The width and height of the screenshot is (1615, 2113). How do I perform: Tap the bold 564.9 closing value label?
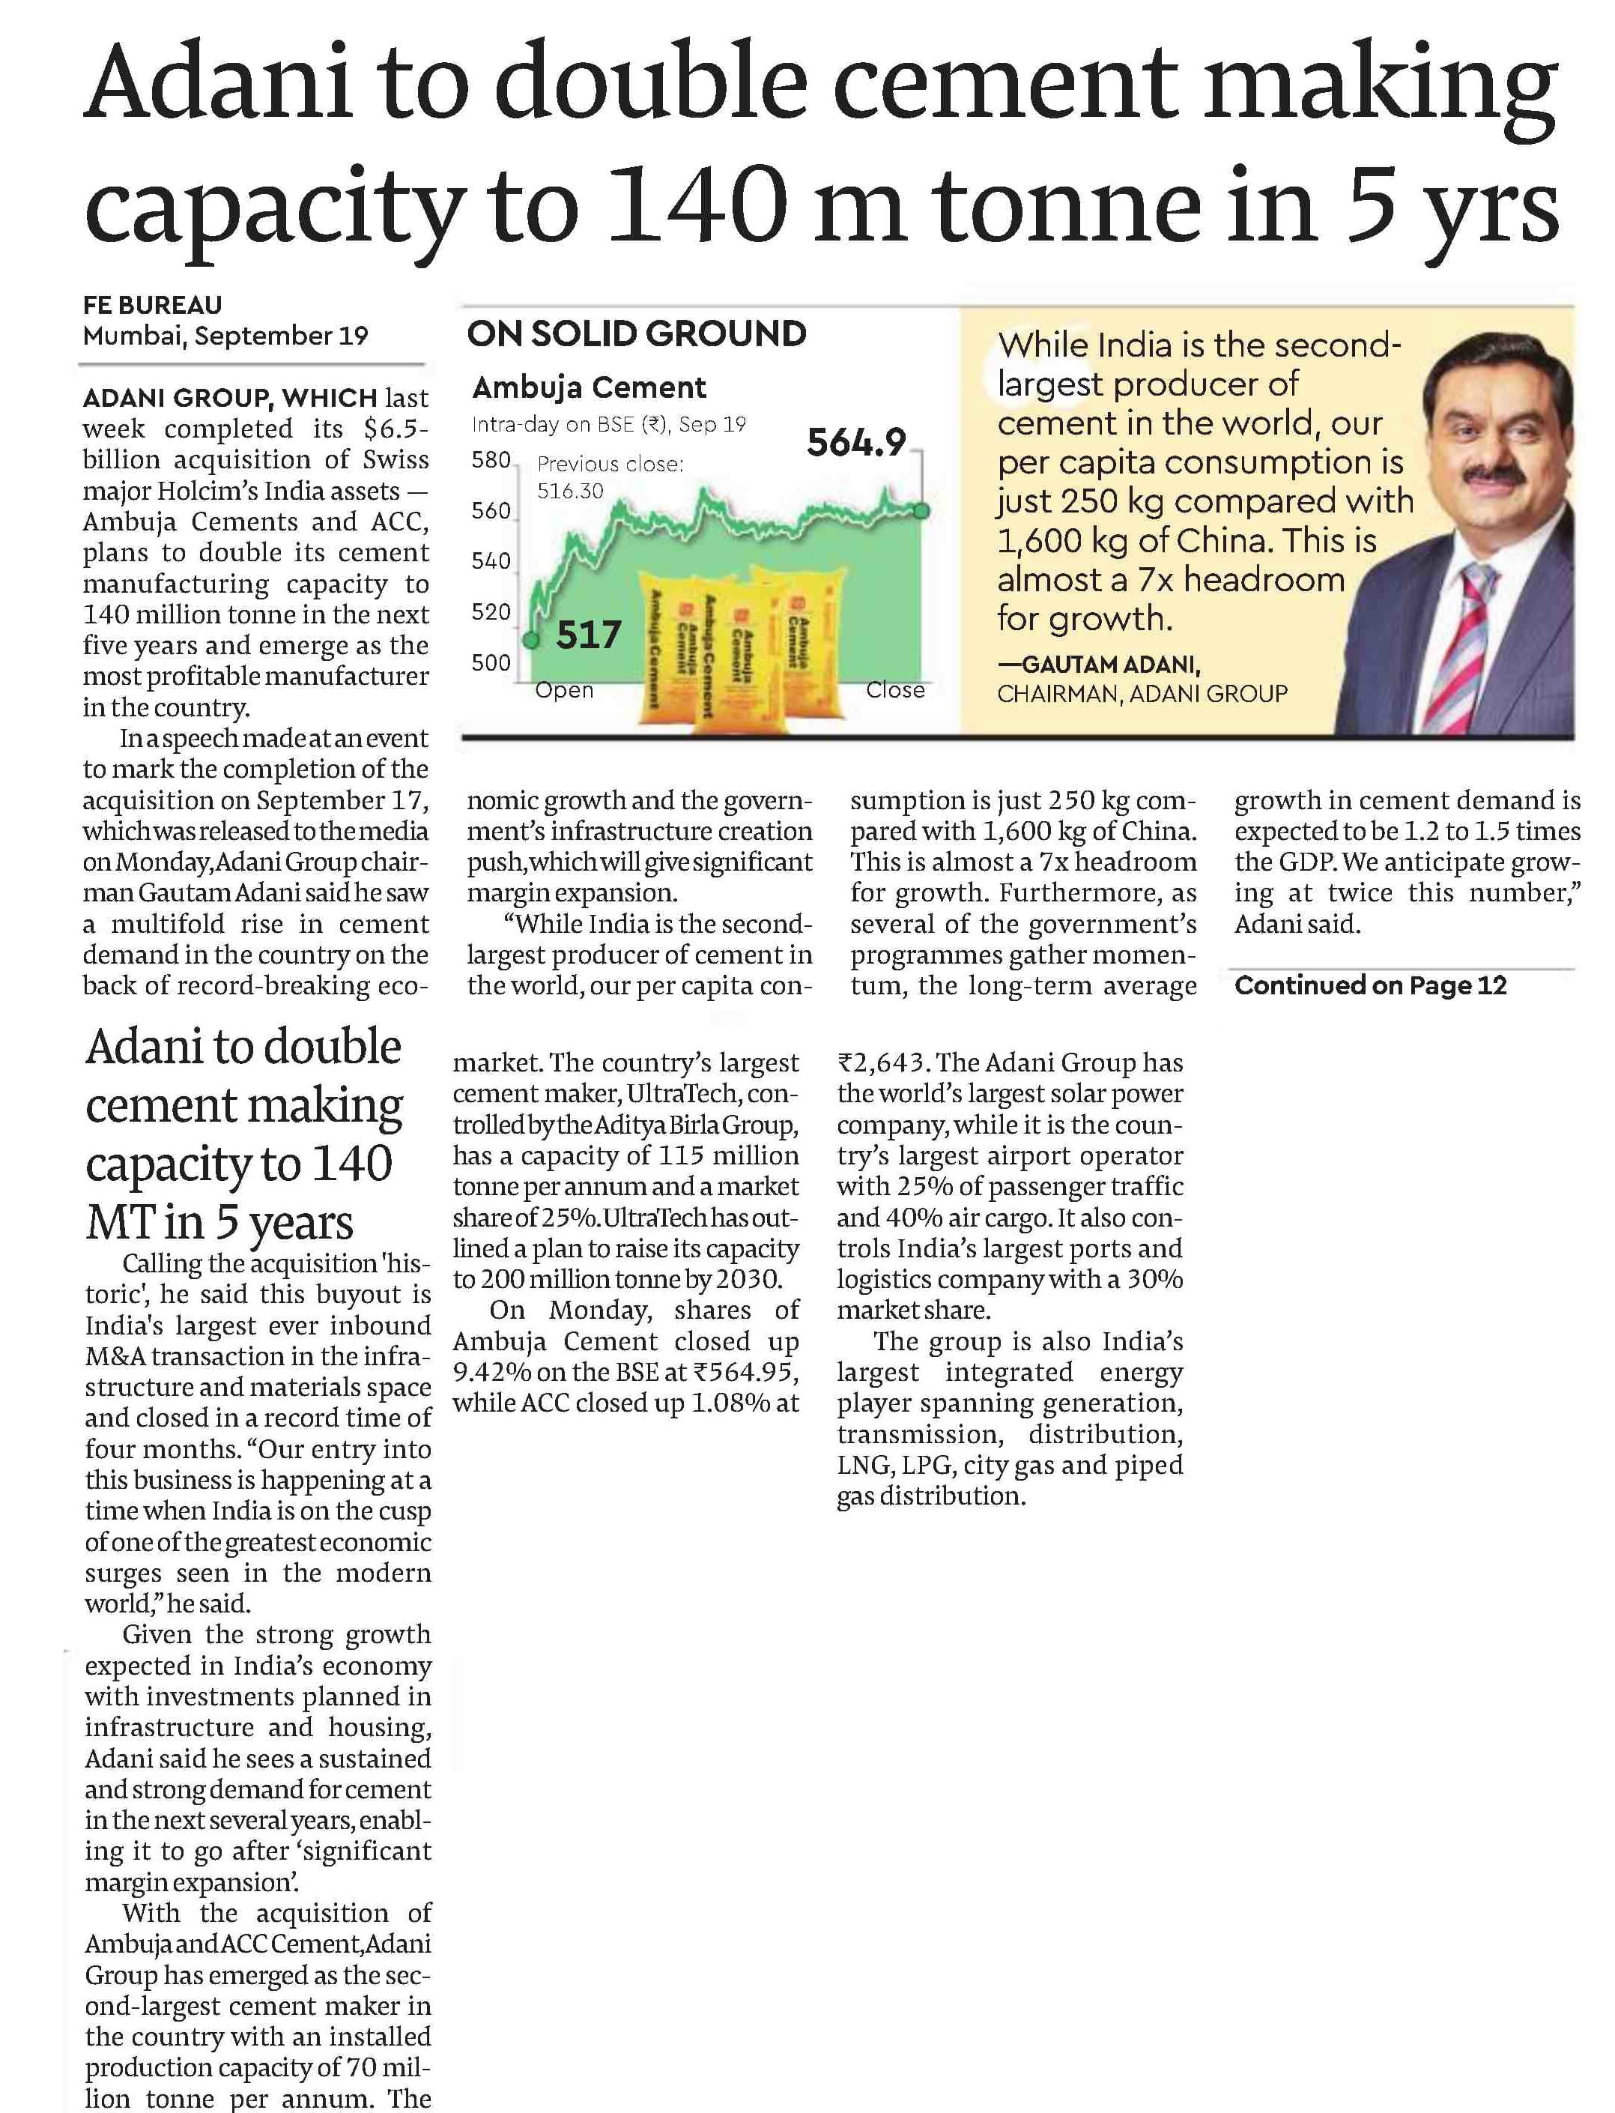(855, 443)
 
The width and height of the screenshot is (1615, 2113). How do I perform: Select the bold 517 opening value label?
(588, 635)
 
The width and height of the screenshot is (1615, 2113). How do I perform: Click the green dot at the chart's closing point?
(921, 510)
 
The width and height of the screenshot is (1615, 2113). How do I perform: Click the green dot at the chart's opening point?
(530, 639)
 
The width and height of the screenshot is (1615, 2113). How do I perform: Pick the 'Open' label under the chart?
(564, 690)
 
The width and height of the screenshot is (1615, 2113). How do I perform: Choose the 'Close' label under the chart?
(895, 690)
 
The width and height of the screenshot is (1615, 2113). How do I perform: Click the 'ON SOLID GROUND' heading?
(637, 333)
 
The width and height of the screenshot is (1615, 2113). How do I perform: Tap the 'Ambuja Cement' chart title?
(590, 387)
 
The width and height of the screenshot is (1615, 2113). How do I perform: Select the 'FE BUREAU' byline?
(152, 305)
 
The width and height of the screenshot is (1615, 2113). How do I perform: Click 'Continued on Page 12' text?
(1370, 985)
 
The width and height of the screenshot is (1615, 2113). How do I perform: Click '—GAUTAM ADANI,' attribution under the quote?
(1099, 665)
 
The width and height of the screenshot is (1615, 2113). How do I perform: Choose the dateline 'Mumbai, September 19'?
(225, 336)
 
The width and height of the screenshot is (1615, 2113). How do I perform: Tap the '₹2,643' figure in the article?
(881, 1063)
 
